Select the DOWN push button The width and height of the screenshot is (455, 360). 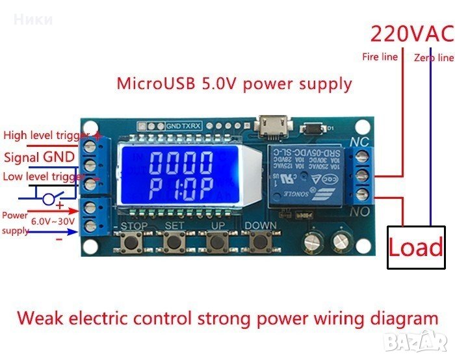[260, 242]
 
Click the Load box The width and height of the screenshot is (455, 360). [416, 248]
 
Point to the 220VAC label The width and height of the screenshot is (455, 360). [411, 32]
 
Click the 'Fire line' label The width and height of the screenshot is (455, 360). [380, 57]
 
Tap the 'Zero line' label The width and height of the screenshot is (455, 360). [434, 58]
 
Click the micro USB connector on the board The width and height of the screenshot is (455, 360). [268, 125]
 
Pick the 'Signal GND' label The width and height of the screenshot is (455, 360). [39, 157]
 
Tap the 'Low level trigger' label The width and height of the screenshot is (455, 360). [44, 177]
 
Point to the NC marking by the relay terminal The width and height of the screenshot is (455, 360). [359, 140]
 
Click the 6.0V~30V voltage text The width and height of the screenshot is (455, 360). [55, 222]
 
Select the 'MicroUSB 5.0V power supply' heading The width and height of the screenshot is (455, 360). [234, 84]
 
